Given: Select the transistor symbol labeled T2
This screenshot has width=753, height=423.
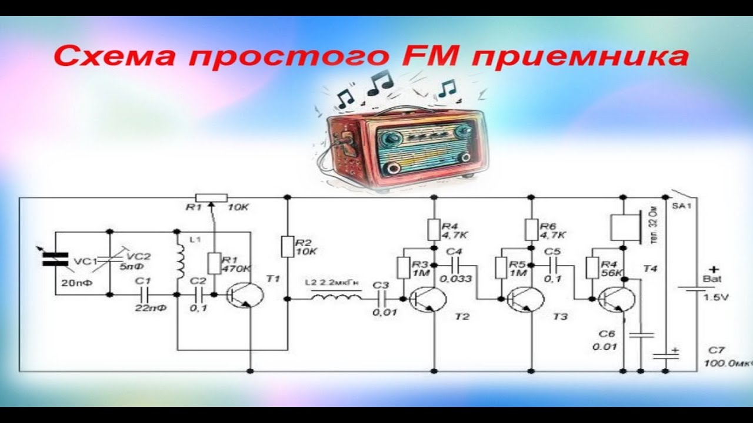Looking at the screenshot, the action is (x=426, y=299).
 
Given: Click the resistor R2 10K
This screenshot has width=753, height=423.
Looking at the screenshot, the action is (x=287, y=247).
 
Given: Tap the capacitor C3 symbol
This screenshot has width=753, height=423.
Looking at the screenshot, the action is (x=386, y=298).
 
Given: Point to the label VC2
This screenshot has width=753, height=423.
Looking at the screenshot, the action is (x=139, y=256).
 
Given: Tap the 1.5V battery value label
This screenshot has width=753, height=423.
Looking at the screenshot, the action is (x=715, y=297).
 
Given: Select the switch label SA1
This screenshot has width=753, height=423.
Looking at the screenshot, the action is (x=684, y=207).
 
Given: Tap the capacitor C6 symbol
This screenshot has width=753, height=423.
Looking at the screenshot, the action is (x=641, y=335).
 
